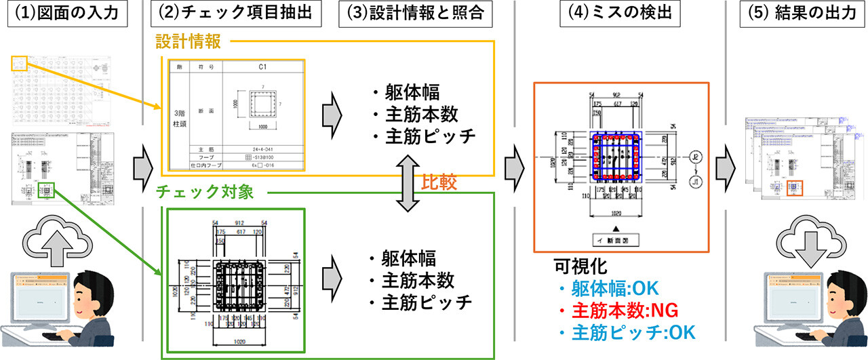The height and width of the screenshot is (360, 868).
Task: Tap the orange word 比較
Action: point(440,182)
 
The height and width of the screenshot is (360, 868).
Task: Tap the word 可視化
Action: point(576,265)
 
